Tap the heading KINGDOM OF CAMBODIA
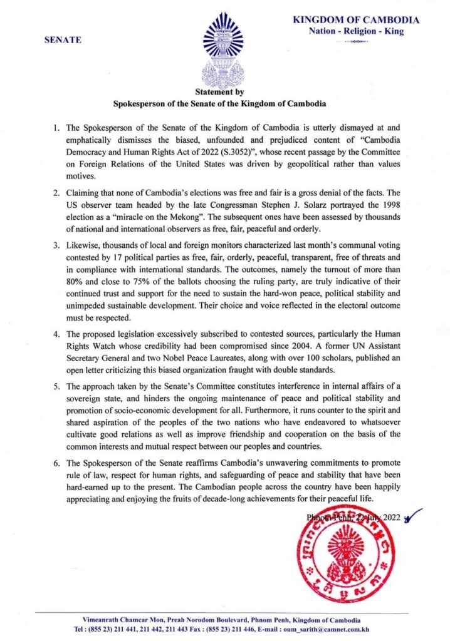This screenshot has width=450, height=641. click(356, 20)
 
